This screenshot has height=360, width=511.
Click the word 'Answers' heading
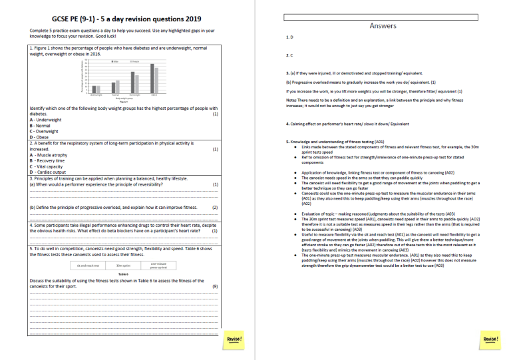pos(382,26)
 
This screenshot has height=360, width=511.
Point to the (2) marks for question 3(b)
pos(215,207)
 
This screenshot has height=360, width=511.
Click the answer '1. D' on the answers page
pos(289,38)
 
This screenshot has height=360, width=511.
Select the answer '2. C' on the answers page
pos(289,55)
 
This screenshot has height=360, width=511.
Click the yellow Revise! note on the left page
pos(234,339)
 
